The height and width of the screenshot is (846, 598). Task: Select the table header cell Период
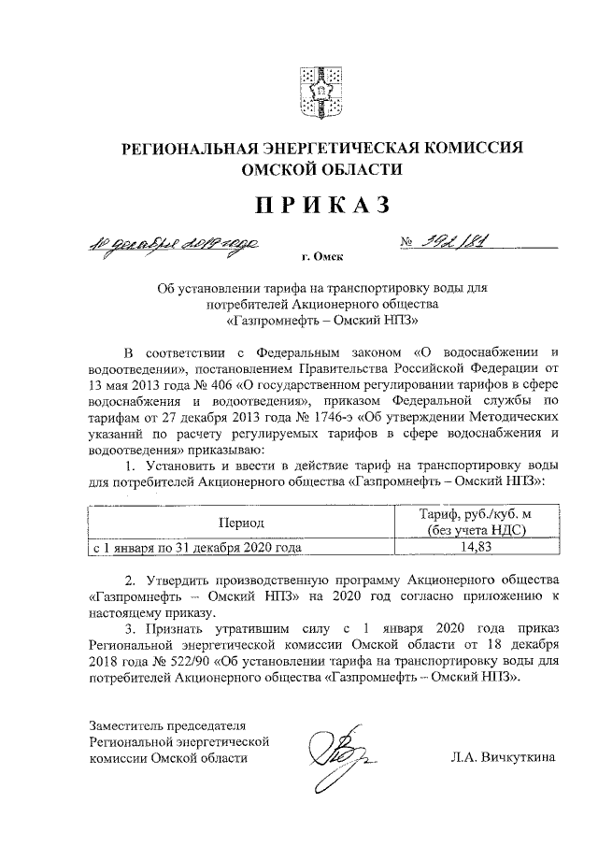coord(241,521)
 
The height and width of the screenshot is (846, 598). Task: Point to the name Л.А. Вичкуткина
coord(502,758)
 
